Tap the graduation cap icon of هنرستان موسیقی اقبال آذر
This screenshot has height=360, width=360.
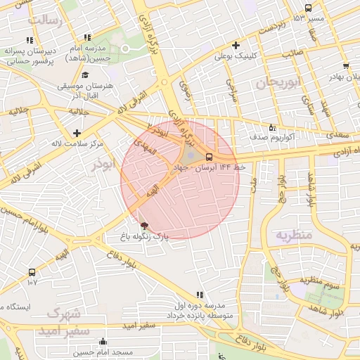coord(85,75)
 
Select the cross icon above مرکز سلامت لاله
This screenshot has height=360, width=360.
coord(77,133)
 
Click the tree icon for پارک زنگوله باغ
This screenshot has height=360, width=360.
coord(145,226)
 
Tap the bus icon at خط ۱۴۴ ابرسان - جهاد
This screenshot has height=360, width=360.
coord(209,156)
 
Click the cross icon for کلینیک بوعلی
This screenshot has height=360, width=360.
coord(236,45)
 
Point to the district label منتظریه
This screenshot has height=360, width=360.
coord(293,234)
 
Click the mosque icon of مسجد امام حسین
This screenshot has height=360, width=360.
coord(103,342)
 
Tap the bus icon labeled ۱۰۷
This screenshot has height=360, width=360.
coord(32,272)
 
